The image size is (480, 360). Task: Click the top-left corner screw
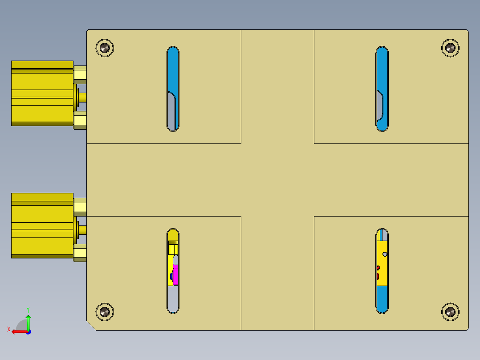[105, 47]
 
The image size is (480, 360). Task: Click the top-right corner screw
[450, 47]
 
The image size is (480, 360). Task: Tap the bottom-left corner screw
[105, 312]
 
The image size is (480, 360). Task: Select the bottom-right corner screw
[450, 312]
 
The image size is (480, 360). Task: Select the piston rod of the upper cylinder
[82, 97]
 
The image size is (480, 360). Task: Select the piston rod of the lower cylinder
[82, 229]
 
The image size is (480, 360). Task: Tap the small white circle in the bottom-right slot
[385, 254]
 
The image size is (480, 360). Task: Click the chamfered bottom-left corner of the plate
[91, 326]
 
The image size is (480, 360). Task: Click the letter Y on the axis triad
[28, 309]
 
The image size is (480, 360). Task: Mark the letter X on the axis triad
[8, 329]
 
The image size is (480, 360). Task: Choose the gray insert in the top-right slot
[379, 107]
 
